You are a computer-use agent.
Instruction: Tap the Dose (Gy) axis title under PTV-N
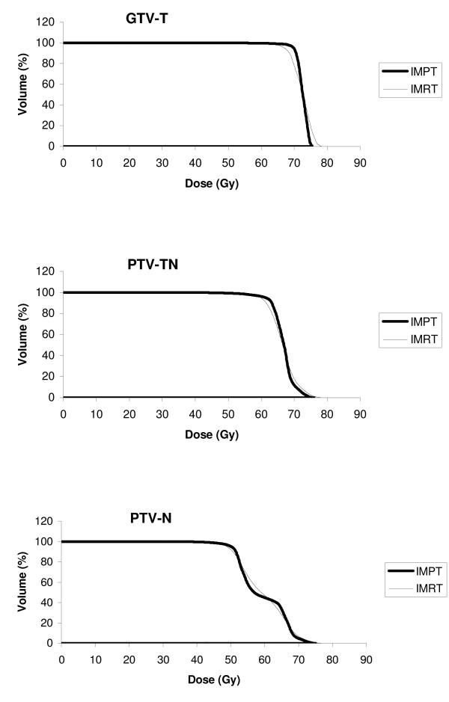pos(212,681)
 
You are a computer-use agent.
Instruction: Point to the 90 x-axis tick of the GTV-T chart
pos(359,161)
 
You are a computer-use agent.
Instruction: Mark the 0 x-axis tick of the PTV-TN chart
pos(63,413)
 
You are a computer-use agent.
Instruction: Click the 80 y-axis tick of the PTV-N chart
pos(48,562)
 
